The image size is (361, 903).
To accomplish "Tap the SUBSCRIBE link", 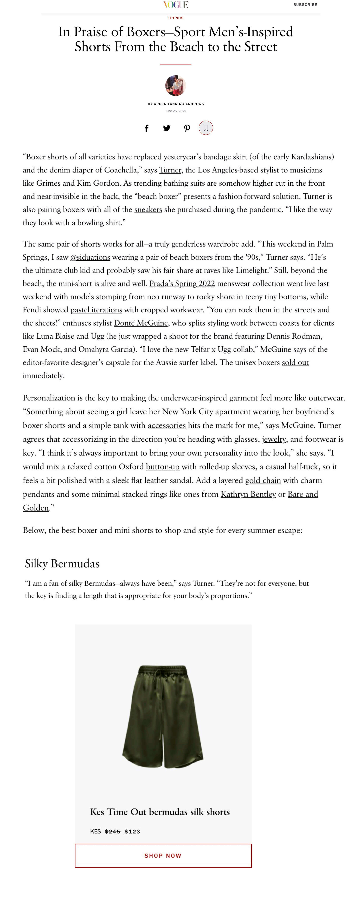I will tap(305, 5).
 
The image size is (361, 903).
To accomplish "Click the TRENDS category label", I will tap(176, 18).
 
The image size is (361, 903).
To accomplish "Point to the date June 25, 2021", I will tap(176, 111).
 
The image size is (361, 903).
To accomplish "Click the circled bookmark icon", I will tap(206, 128).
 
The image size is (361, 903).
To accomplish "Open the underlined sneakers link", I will tap(148, 210).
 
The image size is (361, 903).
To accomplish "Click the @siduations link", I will tap(90, 257).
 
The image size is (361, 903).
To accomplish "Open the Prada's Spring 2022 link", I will tap(182, 284).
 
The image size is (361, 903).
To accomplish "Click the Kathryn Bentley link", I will tap(248, 494).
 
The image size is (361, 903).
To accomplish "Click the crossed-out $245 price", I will tap(113, 832).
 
